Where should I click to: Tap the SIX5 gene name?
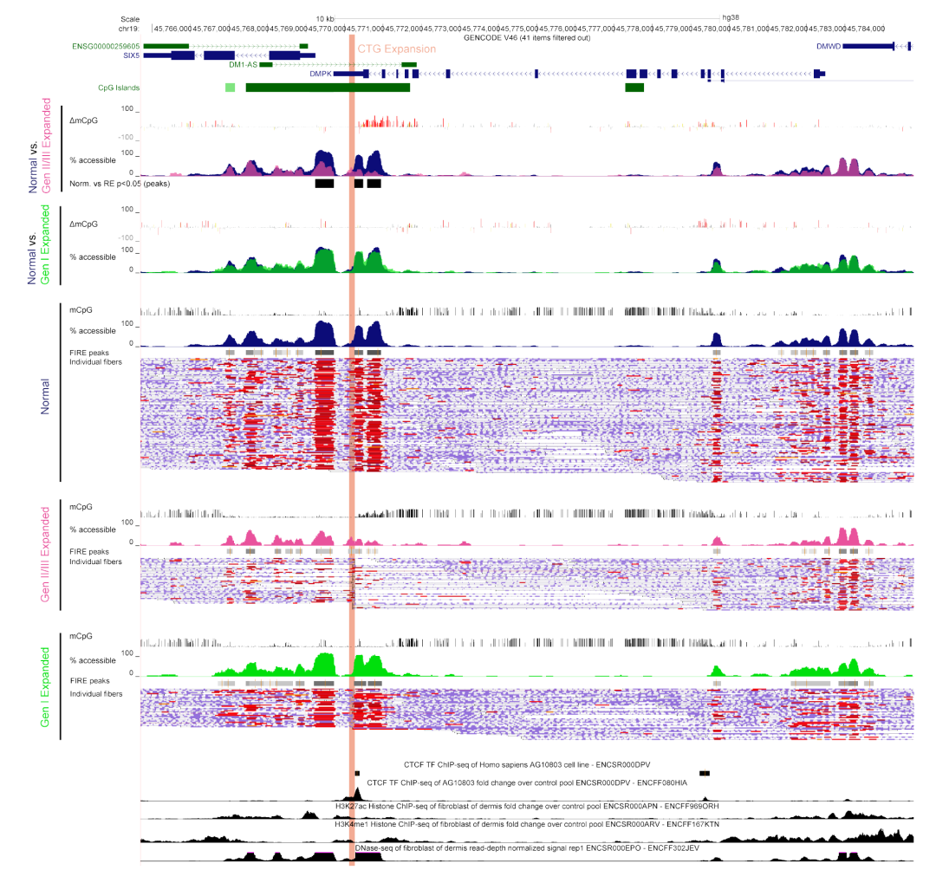130,55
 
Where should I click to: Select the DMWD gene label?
828,45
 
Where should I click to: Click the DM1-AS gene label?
243,64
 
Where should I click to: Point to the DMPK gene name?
321,74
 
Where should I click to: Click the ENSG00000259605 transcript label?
107,45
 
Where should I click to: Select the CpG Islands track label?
119,88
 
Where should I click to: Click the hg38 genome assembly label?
730,18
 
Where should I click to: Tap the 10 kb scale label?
324,18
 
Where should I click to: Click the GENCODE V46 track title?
527,37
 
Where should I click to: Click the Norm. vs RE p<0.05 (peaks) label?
120,184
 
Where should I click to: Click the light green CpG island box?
230,88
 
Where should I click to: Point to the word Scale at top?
130,18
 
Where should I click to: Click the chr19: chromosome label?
130,29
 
